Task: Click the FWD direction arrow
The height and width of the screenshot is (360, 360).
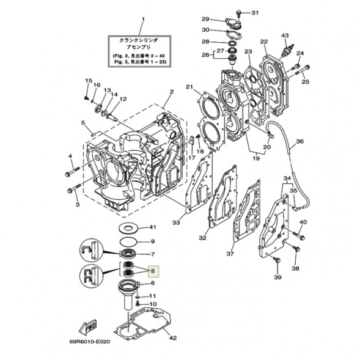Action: click(87, 327)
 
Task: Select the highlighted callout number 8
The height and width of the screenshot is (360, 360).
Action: click(153, 271)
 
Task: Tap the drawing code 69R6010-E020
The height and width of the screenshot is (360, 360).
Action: click(90, 342)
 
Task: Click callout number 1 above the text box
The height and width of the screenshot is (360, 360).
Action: click(143, 20)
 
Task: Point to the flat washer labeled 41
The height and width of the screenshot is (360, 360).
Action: click(128, 229)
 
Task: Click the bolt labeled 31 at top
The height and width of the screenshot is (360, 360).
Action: click(239, 13)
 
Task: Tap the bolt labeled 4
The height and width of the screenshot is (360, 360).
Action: click(72, 172)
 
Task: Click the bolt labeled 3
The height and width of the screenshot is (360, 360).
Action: click(74, 188)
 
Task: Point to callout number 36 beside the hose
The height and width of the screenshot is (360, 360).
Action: click(300, 141)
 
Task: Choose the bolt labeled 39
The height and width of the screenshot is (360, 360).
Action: click(277, 260)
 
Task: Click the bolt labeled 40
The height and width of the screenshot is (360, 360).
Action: click(298, 235)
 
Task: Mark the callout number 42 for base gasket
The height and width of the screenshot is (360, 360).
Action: click(173, 338)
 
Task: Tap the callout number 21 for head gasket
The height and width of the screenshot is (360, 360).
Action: click(189, 87)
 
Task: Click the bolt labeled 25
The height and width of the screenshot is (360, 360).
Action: click(302, 70)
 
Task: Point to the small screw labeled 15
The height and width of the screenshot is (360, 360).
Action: click(86, 98)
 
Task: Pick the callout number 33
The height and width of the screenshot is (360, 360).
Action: click(176, 222)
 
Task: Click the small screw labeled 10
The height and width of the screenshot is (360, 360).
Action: click(138, 304)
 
